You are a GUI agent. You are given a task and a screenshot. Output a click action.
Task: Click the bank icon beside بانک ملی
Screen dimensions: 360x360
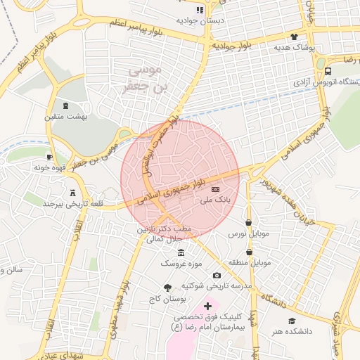pos(214,190)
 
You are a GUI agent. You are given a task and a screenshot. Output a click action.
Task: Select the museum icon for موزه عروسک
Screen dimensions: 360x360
pos(182,253)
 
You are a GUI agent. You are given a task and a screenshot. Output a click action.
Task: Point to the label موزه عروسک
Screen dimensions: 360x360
pos(181,264)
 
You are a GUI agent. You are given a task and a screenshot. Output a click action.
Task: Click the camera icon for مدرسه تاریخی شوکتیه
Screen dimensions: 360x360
pos(217,275)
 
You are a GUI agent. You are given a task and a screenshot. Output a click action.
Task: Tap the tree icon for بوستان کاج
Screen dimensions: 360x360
pos(167,287)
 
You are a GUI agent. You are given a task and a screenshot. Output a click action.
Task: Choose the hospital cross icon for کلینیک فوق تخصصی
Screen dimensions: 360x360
pos(207,306)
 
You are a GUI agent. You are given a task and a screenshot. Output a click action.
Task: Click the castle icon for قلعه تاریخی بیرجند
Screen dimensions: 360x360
pos(74,193)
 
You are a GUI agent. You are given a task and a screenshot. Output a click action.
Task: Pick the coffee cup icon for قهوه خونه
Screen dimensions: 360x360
pos(49,157)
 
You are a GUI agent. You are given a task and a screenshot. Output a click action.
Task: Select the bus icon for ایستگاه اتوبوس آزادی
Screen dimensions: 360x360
pos(328,71)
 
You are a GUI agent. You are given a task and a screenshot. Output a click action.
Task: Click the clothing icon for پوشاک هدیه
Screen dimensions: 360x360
pos(293,37)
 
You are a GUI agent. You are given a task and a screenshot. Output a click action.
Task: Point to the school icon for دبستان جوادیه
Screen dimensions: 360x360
pos(200,10)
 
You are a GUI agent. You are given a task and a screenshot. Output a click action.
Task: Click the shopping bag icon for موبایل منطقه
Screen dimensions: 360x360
pos(250,252)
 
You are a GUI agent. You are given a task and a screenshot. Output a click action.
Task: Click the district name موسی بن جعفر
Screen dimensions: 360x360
pos(146,79)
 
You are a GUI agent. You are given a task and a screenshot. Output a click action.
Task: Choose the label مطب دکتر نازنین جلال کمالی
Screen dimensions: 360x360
pos(163,234)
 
